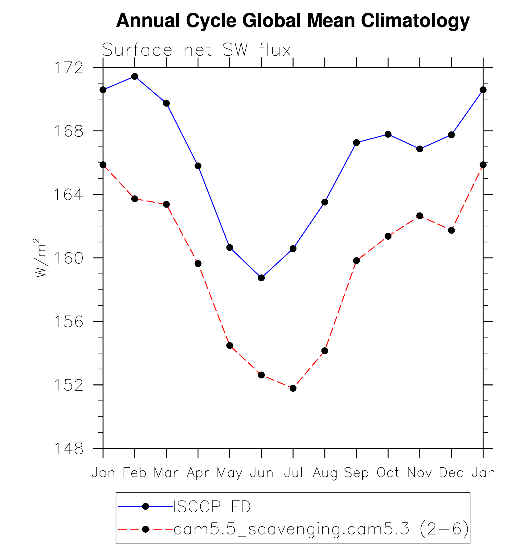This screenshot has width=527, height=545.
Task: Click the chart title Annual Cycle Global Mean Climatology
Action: [293, 21]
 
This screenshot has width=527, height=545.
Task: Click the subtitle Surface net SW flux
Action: [196, 50]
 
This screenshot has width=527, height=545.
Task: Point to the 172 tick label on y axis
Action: [69, 68]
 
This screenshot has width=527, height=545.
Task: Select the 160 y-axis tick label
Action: [69, 258]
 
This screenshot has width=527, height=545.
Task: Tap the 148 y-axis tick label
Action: [69, 449]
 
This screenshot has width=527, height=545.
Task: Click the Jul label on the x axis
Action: [293, 473]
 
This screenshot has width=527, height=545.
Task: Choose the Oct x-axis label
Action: [388, 473]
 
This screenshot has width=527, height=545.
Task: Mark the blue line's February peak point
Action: [135, 76]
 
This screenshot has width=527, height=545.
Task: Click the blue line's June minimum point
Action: [261, 278]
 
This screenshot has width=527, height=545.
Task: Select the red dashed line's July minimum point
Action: [293, 388]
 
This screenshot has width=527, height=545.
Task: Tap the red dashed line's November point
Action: [420, 216]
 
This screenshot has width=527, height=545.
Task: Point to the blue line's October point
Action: [388, 134]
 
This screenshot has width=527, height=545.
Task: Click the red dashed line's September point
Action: [357, 261]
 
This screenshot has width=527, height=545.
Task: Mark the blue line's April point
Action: [198, 166]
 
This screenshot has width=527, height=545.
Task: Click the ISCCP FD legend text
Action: [212, 507]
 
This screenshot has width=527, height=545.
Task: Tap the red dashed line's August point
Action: [325, 351]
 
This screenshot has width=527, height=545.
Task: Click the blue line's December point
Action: [451, 135]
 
